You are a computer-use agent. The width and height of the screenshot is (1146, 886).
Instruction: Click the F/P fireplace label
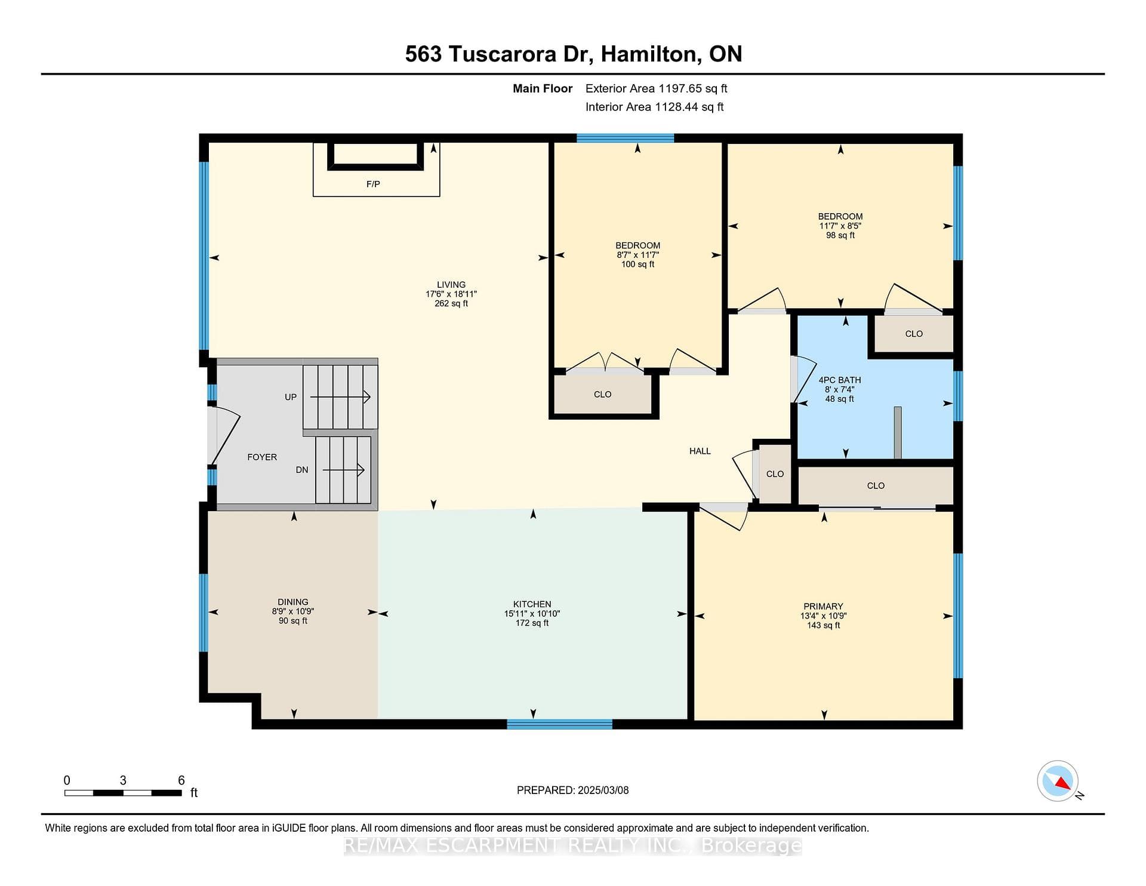click(x=373, y=184)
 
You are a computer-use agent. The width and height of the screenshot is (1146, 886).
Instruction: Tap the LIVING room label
click(x=451, y=285)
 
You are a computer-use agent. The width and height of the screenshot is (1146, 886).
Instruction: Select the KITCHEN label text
click(x=532, y=604)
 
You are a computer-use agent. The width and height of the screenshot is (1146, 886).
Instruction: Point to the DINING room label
click(x=292, y=602)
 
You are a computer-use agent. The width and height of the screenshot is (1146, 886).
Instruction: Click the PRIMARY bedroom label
click(x=823, y=606)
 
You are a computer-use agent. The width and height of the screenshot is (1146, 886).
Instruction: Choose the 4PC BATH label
click(x=839, y=380)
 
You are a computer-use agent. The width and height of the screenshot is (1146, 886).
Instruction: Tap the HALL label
click(x=700, y=451)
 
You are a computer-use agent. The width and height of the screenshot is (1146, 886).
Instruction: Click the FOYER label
click(x=262, y=457)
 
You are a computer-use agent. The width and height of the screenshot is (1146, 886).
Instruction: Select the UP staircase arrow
click(x=340, y=397)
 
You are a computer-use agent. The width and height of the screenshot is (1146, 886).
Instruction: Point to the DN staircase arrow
click(x=344, y=470)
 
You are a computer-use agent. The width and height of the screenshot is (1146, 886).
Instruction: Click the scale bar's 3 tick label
click(x=123, y=780)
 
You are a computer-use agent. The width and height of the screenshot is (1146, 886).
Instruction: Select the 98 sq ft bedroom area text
click(x=840, y=235)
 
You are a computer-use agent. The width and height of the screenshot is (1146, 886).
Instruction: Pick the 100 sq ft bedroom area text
click(x=637, y=264)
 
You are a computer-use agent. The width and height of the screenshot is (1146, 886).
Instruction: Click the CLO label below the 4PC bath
click(x=876, y=485)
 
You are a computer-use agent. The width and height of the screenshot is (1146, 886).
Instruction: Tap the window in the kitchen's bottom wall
click(x=559, y=724)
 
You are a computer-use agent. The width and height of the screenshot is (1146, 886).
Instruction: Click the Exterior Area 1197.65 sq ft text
click(x=656, y=88)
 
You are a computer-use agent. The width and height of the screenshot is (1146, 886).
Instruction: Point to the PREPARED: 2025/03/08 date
click(x=572, y=790)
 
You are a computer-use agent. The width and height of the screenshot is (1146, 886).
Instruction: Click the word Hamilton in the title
click(x=651, y=54)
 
